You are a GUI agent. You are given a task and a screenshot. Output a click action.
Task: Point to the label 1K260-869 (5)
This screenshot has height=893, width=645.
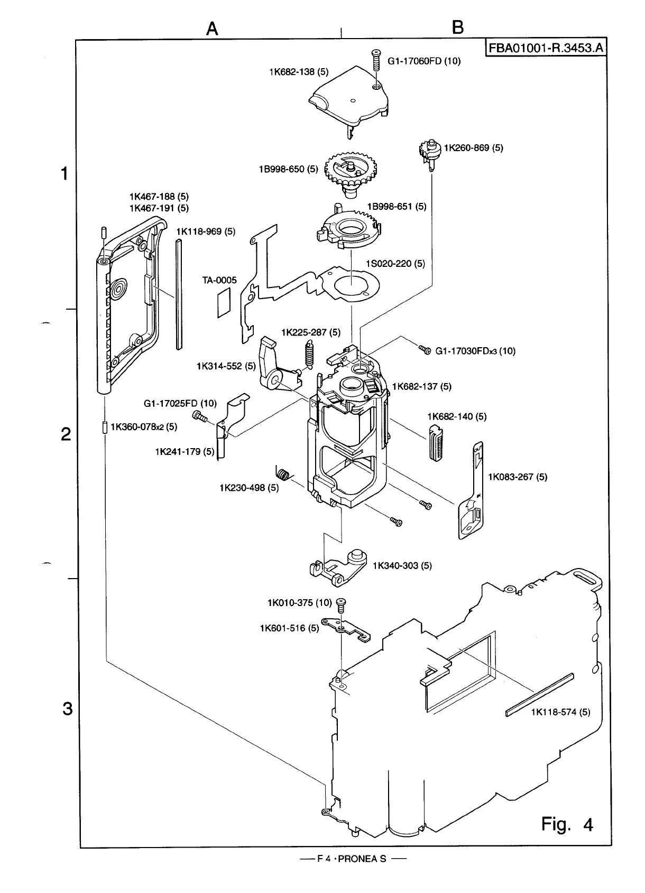(x=473, y=148)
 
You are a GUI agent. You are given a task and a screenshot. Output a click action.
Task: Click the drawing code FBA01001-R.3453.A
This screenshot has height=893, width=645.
(x=545, y=48)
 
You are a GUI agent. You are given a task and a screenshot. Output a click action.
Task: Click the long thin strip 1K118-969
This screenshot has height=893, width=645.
(x=179, y=294)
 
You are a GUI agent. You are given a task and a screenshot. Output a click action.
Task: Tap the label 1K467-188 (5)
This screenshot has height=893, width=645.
(x=159, y=197)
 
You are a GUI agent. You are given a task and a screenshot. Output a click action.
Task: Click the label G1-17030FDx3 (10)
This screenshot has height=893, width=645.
(x=475, y=351)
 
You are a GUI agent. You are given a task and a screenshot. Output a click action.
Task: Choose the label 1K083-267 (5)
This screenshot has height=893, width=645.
(x=517, y=477)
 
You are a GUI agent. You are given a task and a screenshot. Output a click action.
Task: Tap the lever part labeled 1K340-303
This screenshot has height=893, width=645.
(x=338, y=568)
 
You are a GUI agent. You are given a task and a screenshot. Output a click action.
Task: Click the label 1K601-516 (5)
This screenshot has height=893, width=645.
(x=289, y=628)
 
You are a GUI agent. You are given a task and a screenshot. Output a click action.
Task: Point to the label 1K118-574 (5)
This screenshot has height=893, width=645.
(x=560, y=712)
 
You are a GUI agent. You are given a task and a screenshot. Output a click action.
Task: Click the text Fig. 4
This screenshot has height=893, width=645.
(x=567, y=824)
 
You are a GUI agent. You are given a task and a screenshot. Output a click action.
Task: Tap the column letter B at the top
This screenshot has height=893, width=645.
(x=458, y=27)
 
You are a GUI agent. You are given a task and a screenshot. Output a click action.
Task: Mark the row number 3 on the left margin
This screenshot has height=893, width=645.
(x=67, y=708)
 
